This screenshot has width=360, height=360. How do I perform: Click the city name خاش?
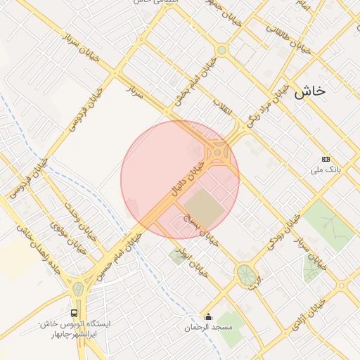pos(310,91)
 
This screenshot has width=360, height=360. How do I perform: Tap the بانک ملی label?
pos(326,170)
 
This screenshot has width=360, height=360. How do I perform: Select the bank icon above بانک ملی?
pos(325,160)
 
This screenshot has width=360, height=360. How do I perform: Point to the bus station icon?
pos(74,312)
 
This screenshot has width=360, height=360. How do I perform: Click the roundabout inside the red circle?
pos(219,152)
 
